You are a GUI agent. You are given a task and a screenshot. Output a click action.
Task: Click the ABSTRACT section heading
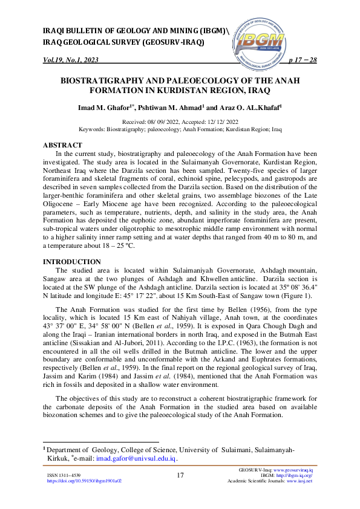tap(62, 146)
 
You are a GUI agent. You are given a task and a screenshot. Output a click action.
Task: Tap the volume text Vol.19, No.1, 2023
tap(71, 60)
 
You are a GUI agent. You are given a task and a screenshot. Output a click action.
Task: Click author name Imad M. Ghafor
tap(106, 108)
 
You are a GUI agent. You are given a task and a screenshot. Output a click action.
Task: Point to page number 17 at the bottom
tap(180, 475)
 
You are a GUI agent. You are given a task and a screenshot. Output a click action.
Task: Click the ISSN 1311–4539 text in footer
tap(64, 475)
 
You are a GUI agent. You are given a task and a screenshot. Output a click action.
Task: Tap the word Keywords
tap(92, 129)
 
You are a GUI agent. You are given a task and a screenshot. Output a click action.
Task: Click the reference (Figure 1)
tap(296, 296)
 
